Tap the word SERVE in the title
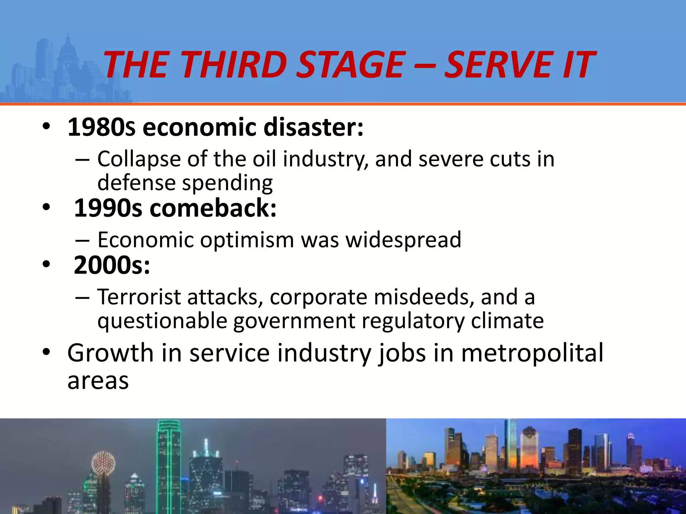click(498, 64)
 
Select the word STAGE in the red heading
click(351, 64)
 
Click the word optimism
click(247, 240)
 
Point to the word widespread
click(403, 240)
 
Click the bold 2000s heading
click(112, 265)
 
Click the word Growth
click(110, 353)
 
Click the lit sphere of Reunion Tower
click(103, 464)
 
